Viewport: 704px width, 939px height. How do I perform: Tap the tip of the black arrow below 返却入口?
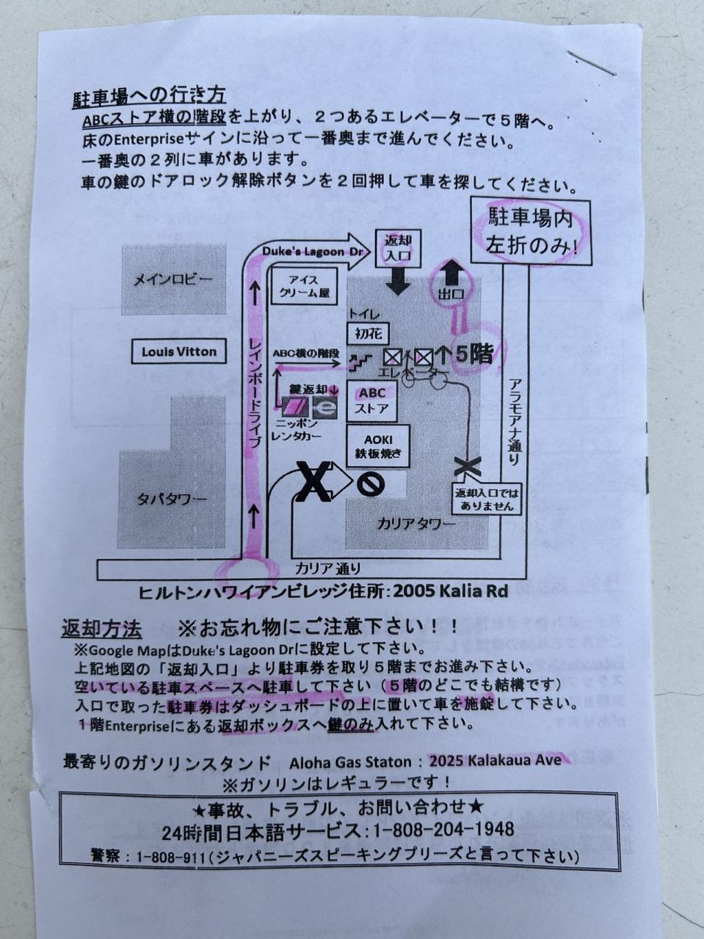[x=399, y=296]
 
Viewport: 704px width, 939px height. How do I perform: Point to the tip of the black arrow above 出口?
[x=449, y=261]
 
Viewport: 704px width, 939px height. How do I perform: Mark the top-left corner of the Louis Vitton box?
[x=132, y=340]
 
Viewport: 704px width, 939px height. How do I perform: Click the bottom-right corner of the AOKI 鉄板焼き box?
[x=410, y=467]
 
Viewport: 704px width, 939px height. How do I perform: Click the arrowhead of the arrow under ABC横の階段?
[x=339, y=365]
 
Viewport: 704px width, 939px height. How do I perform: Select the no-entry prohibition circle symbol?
[x=370, y=484]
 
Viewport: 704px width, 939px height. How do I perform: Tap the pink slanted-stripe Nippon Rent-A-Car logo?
[x=295, y=408]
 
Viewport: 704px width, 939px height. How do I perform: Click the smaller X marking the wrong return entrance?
[x=467, y=467]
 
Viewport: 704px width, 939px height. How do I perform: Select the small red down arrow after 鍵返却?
[x=334, y=390]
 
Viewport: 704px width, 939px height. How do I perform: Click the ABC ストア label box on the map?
[x=372, y=401]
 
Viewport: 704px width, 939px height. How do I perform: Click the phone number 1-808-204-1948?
[x=444, y=830]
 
